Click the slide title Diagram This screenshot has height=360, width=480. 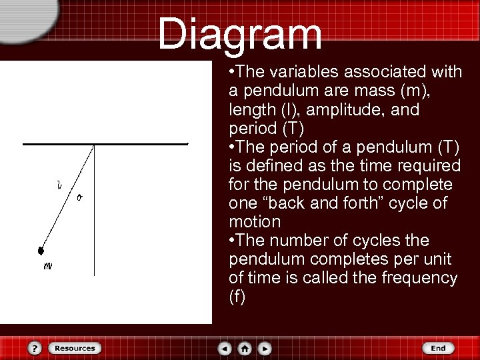pyautogui.click(x=240, y=33)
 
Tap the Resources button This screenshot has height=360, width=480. pyautogui.click(x=74, y=348)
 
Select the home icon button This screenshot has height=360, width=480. pyautogui.click(x=245, y=348)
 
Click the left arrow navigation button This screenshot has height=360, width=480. pyautogui.click(x=225, y=348)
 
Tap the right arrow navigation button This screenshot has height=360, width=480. pyautogui.click(x=265, y=348)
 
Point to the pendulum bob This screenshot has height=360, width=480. pyautogui.click(x=41, y=251)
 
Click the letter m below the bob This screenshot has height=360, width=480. pyautogui.click(x=47, y=266)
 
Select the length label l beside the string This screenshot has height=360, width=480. pyautogui.click(x=59, y=185)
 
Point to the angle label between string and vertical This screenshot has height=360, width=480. pyautogui.click(x=79, y=197)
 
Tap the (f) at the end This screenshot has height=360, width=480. pyautogui.click(x=237, y=297)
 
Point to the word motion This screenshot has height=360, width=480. pyautogui.click(x=255, y=221)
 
